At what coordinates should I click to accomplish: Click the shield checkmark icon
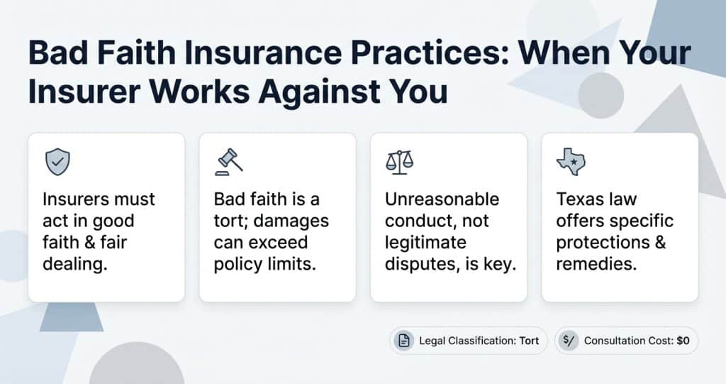pos(57,163)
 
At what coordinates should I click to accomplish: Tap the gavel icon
pos(228,163)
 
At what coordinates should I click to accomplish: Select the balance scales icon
pos(399,163)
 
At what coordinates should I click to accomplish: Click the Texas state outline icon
pos(570,163)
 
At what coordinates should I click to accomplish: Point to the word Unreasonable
pos(442,199)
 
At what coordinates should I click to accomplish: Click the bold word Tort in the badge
pos(529,341)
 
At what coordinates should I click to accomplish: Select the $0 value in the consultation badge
pos(683,341)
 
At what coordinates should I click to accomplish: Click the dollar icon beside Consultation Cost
pos(569,341)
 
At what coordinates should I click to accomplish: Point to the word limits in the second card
pos(291,265)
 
